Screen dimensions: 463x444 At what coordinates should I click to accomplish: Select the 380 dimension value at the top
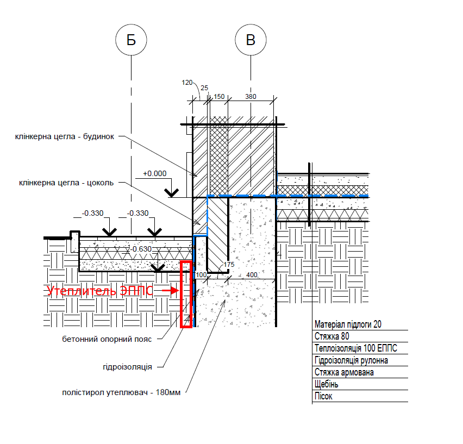click(x=251, y=97)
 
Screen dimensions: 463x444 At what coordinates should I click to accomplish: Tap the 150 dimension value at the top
click(x=219, y=97)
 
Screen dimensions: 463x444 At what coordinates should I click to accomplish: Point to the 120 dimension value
click(x=187, y=83)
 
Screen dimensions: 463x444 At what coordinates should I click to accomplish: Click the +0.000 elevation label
click(x=155, y=173)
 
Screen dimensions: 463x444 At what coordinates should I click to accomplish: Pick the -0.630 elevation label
click(x=141, y=249)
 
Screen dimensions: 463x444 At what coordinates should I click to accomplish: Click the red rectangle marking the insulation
click(x=181, y=295)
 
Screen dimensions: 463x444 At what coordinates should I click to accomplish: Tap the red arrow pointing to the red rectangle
click(x=171, y=291)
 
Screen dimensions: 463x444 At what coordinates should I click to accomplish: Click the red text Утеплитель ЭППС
click(x=100, y=291)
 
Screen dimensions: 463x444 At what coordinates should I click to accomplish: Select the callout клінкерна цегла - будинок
click(x=65, y=137)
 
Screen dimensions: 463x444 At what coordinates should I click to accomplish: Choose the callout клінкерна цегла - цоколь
click(x=66, y=183)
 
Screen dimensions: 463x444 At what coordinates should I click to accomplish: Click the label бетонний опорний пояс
click(x=107, y=339)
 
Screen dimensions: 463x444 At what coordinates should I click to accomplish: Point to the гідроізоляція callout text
click(x=128, y=367)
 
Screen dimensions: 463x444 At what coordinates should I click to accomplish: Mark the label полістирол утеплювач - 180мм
click(x=121, y=392)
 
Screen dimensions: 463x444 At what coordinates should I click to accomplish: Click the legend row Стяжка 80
click(x=332, y=336)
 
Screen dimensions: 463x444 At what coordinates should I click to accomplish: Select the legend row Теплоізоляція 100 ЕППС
click(x=356, y=348)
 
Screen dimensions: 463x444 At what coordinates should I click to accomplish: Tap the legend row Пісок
click(x=323, y=396)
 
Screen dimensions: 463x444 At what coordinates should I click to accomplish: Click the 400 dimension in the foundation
click(x=252, y=275)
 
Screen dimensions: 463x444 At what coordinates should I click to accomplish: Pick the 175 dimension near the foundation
click(x=229, y=265)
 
